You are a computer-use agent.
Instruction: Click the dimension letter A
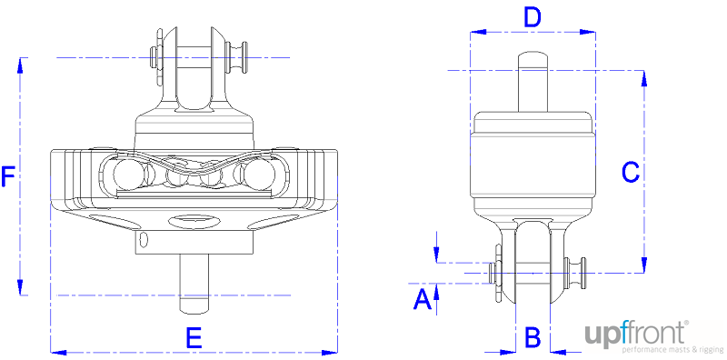[421, 298]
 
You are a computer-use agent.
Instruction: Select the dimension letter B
[533, 336]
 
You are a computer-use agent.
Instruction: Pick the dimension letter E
[194, 337]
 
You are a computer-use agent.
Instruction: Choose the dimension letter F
[8, 176]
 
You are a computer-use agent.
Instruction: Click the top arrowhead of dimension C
[643, 78]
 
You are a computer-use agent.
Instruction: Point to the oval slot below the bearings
[194, 218]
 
